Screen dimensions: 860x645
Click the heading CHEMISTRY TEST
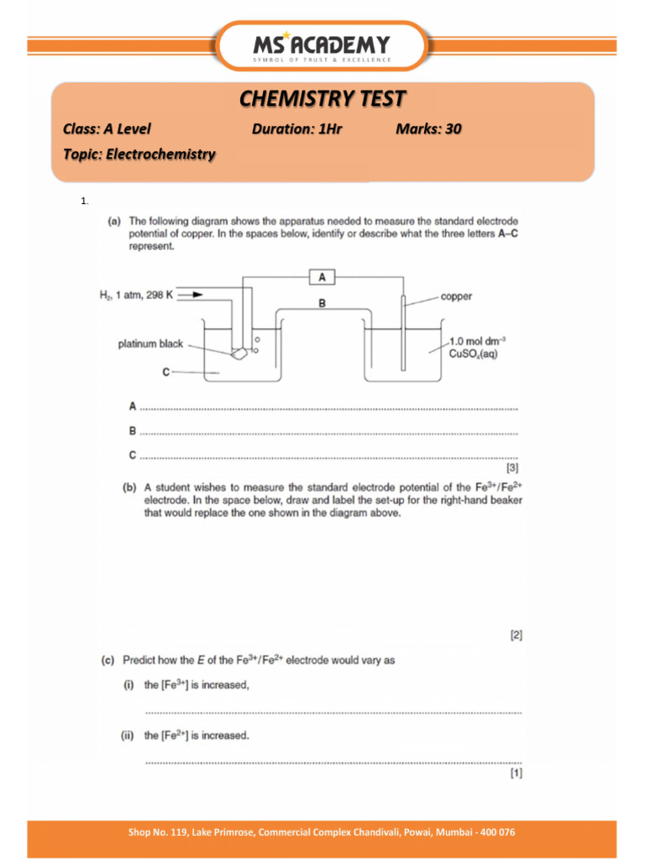[x=322, y=99]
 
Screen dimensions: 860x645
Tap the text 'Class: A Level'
[x=107, y=129]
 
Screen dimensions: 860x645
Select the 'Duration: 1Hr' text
[x=297, y=129]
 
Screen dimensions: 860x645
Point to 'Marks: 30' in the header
[x=428, y=129]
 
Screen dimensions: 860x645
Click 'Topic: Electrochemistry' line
[x=139, y=155]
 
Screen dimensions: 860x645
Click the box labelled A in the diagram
[x=322, y=276]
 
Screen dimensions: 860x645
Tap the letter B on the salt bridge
[x=322, y=303]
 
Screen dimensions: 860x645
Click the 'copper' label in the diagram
[x=456, y=296]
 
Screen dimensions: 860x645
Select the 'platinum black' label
[x=150, y=344]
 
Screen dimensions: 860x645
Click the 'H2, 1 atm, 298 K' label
[x=136, y=295]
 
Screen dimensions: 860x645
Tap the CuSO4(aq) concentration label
[x=476, y=347]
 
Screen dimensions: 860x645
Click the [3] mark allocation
[x=511, y=468]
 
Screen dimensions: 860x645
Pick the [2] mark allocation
[x=516, y=636]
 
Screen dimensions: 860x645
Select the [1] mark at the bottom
[x=516, y=773]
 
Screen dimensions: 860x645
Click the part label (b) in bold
[x=130, y=487]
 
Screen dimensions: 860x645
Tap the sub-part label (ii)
[x=128, y=736]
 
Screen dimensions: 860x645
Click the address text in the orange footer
[x=322, y=832]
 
